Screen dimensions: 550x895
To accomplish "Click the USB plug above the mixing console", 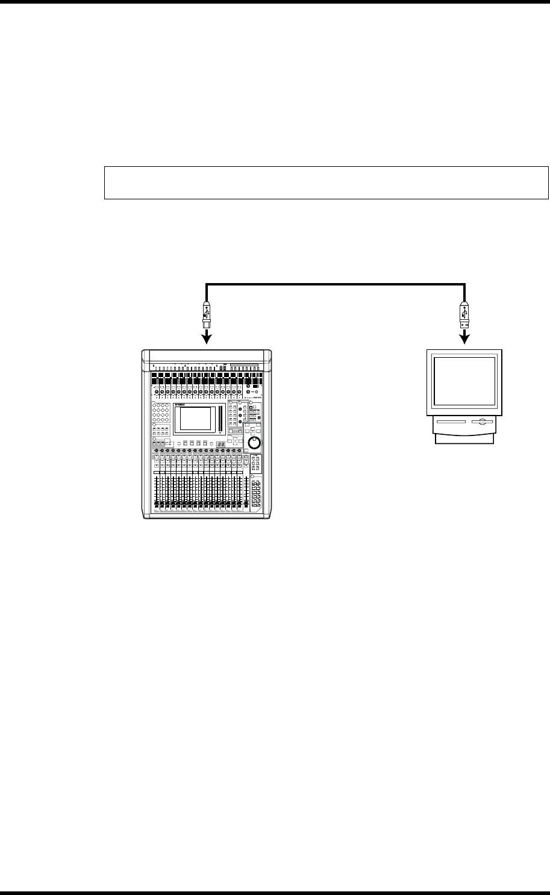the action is click(207, 315).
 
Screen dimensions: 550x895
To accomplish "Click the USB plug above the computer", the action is click(465, 315).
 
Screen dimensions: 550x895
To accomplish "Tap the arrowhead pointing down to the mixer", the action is click(207, 340).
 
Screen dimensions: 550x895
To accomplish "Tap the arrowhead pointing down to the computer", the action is click(465, 340).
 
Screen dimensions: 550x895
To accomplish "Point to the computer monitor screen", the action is click(465, 381).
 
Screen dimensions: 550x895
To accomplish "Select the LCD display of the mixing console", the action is click(193, 419).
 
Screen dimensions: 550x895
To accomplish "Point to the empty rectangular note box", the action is click(327, 182).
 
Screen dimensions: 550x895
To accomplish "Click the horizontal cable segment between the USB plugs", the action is click(336, 283).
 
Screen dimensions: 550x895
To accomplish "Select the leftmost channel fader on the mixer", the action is click(156, 491).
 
